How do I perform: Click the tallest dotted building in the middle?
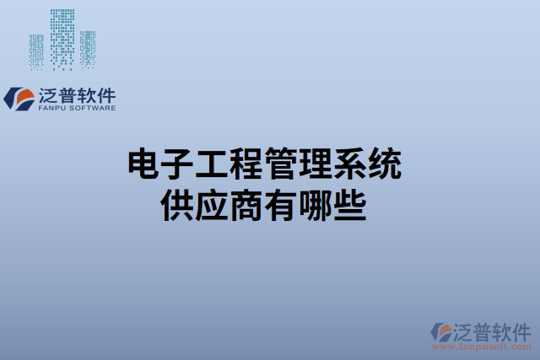tap(62, 37)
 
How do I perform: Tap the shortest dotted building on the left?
tap(36, 51)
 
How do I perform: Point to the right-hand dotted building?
tap(88, 48)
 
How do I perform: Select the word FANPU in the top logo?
tap(53, 108)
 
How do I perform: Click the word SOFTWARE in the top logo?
tap(93, 108)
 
